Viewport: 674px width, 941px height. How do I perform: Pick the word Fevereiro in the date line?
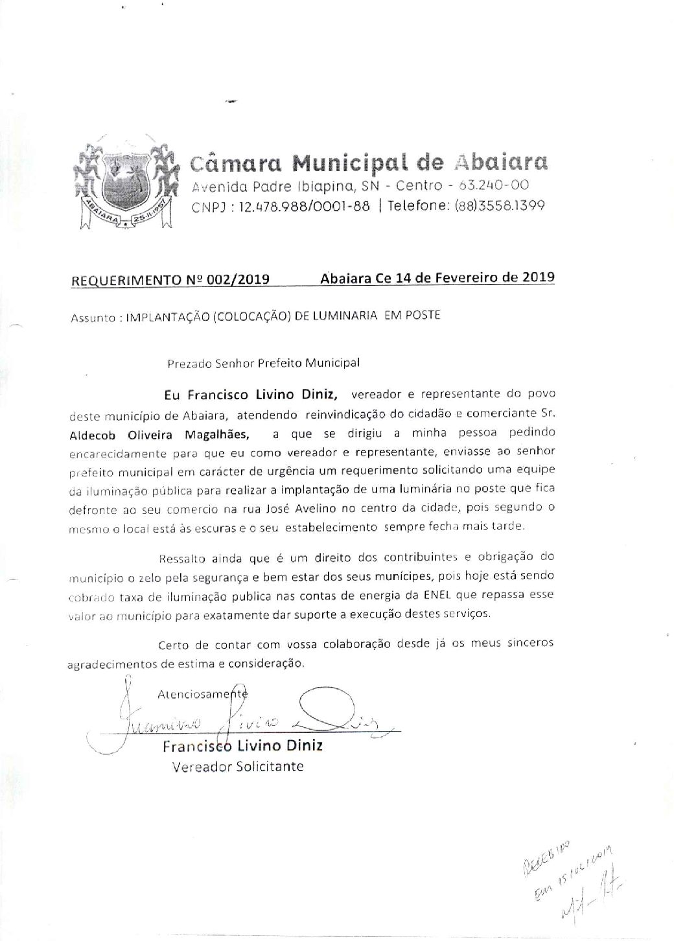(x=474, y=277)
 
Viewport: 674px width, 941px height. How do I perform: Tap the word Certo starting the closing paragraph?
(x=174, y=645)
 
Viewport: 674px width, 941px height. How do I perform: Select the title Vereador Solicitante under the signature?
(x=238, y=767)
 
